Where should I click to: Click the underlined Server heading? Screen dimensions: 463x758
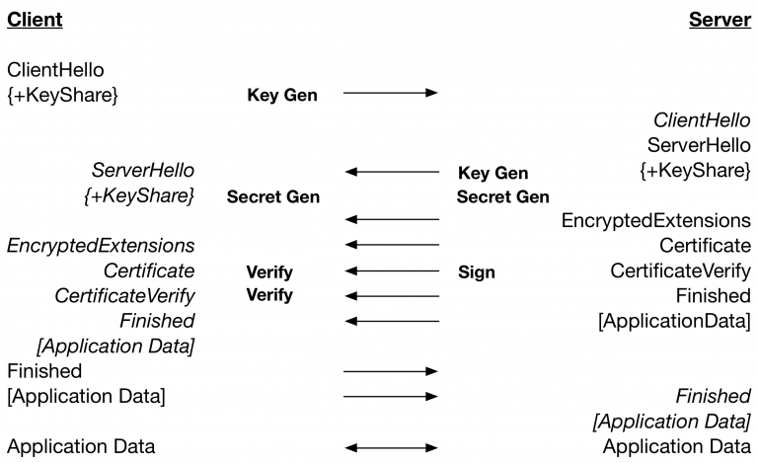coord(720,20)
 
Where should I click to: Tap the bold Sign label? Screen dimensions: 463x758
coord(477,271)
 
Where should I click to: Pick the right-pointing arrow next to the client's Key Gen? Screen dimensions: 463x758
coord(390,94)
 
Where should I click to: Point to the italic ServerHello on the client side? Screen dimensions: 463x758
coord(143,171)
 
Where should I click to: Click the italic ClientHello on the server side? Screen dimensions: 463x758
coord(702,120)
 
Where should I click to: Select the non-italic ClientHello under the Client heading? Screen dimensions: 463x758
coord(55,70)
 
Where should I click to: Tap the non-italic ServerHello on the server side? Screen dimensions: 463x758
coord(699,145)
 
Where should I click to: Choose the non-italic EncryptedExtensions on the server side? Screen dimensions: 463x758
coord(655,220)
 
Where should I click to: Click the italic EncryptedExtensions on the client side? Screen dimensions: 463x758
coord(101,245)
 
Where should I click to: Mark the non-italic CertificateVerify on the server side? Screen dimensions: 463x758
coord(680,270)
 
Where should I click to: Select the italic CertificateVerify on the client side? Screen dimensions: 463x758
coord(124,295)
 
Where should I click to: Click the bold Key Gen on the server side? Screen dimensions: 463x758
coord(493,173)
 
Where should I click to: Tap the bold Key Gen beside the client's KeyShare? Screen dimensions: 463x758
coord(281,95)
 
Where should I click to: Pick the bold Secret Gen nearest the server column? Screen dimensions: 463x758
coord(502,196)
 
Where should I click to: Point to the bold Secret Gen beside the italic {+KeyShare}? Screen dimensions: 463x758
coord(273,196)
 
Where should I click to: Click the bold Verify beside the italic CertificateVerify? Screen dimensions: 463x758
coord(269,295)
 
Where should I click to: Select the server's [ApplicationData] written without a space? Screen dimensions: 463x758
coord(674,321)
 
